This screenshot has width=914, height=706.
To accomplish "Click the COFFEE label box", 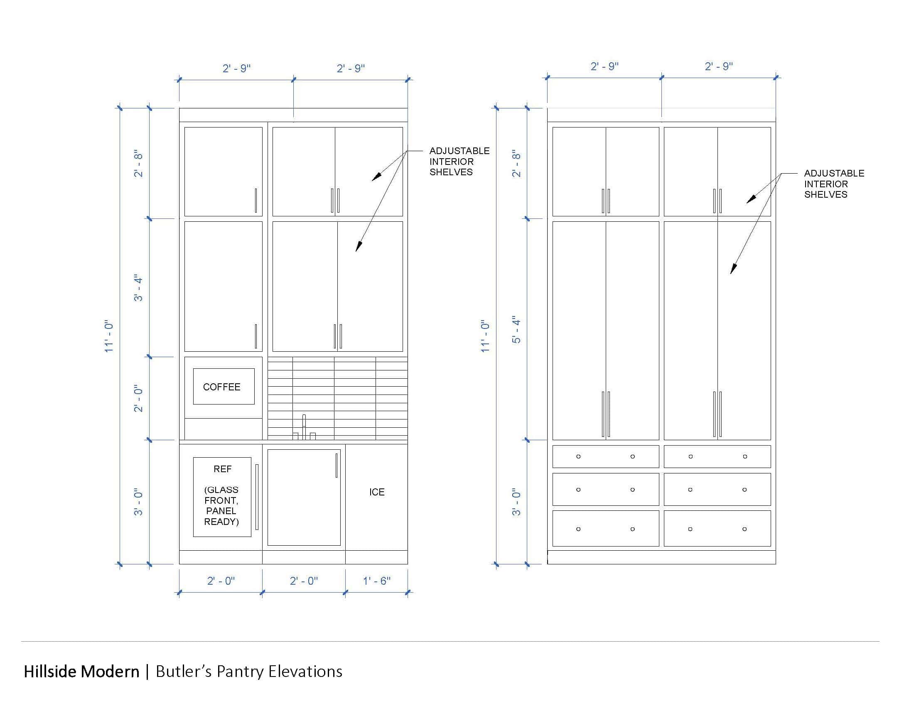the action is tap(224, 387).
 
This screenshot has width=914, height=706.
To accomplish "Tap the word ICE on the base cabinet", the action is tap(377, 492).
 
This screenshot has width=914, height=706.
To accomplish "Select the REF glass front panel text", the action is tap(222, 495).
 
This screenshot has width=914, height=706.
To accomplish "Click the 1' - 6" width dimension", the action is tap(377, 581).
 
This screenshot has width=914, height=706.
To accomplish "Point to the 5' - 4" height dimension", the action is tap(516, 330).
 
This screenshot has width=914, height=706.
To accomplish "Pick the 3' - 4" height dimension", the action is tap(138, 288).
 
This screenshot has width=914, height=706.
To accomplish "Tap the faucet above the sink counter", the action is tap(304, 427).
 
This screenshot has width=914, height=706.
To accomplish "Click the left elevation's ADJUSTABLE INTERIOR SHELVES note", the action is tap(459, 162).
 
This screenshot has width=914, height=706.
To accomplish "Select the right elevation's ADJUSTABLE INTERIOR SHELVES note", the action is tap(834, 184).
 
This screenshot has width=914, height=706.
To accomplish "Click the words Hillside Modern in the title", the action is tap(81, 671).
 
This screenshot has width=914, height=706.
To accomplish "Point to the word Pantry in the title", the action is tap(240, 672).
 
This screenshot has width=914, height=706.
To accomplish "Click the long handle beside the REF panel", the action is tap(257, 497).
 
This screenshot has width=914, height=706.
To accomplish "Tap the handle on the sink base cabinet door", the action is tap(337, 466).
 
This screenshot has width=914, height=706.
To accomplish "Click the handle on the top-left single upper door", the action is tap(256, 200).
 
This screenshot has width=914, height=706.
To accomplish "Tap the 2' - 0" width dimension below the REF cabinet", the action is tap(221, 581).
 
